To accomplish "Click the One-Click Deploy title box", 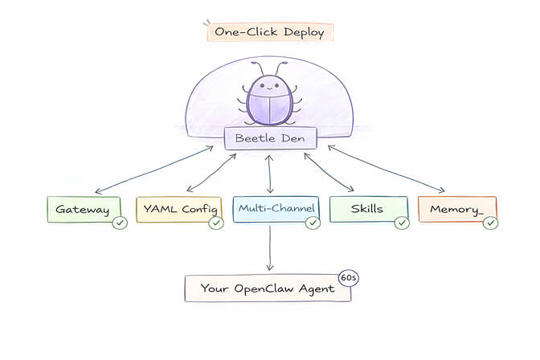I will (269, 32).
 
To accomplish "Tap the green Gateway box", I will (83, 210).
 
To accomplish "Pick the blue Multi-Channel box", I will (275, 209).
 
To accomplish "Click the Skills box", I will (367, 210).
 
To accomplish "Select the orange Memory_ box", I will (456, 210).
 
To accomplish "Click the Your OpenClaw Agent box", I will (268, 288).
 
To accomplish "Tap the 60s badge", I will (348, 277).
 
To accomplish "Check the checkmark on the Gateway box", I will (121, 223).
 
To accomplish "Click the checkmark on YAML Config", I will (215, 223).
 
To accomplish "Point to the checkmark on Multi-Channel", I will (313, 223).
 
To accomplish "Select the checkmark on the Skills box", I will (402, 223).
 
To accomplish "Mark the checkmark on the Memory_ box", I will (490, 223).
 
